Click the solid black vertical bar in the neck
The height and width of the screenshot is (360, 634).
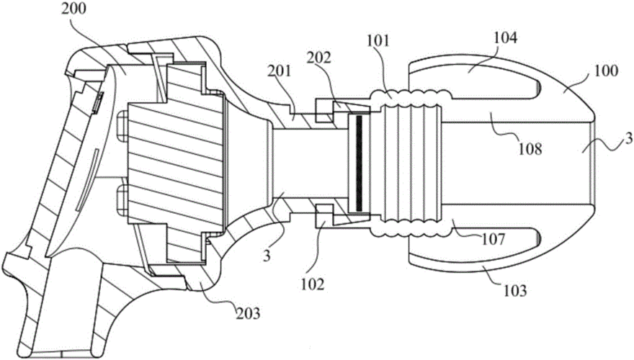(356, 163)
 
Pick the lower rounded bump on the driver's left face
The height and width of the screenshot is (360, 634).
(120, 194)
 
